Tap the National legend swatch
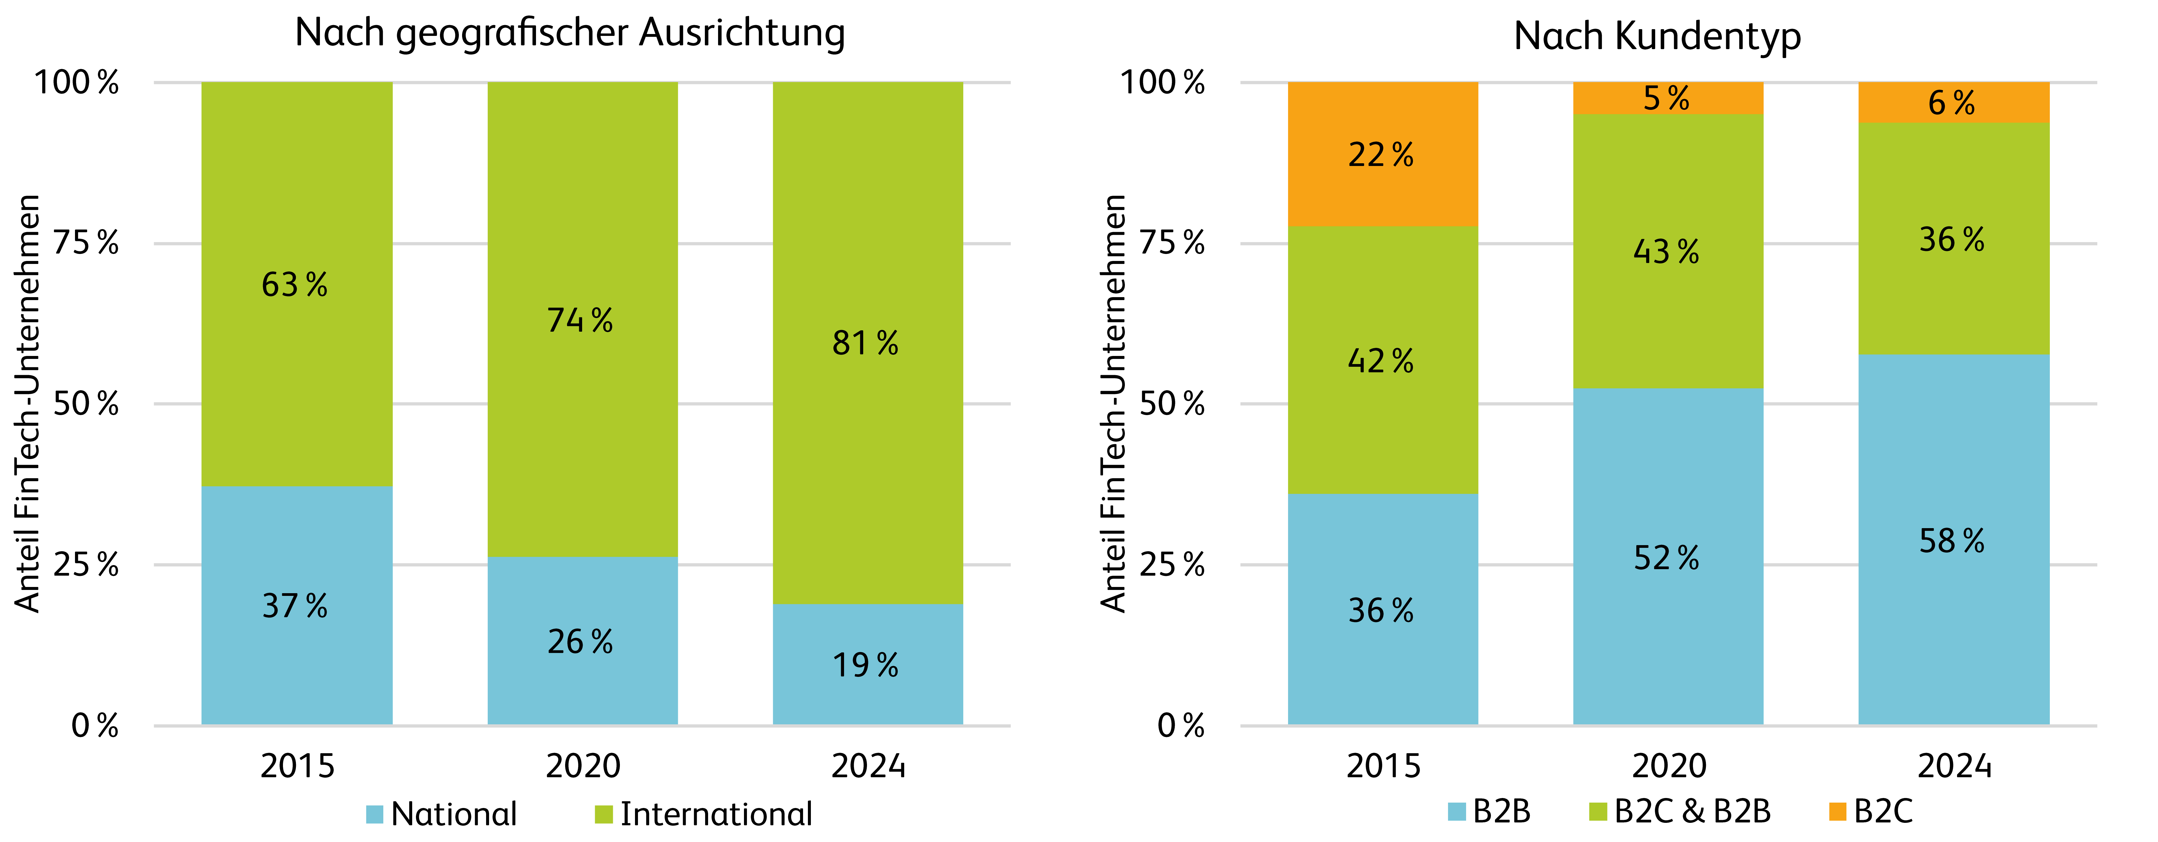[x=374, y=814]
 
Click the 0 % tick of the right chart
[x=1180, y=725]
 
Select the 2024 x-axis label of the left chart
[x=868, y=766]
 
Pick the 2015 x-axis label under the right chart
[x=1383, y=766]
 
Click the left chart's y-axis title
[x=28, y=404]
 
